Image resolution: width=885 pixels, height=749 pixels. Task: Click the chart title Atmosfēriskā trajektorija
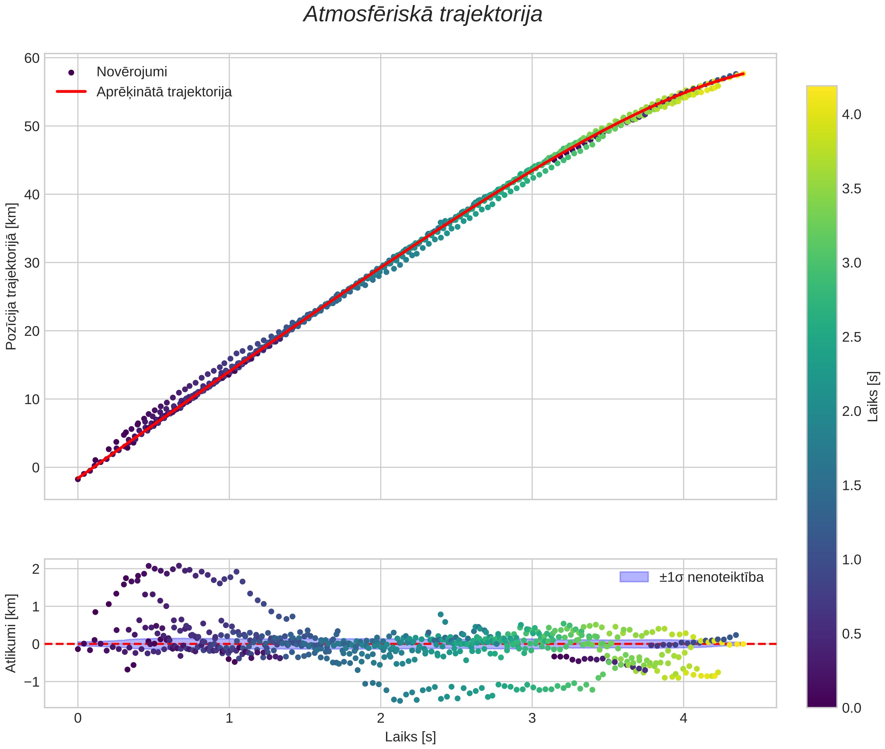coord(423,14)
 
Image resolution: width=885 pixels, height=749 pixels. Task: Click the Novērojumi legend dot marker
coord(71,73)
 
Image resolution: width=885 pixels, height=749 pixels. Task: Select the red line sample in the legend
coord(71,92)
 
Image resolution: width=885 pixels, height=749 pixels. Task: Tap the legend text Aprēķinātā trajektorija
coord(164,92)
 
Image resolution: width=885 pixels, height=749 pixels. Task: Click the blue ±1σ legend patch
coord(634,577)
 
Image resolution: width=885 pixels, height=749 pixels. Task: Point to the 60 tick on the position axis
coord(32,58)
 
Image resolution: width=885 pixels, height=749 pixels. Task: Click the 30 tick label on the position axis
coord(32,263)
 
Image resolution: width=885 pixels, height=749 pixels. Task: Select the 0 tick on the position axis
coord(36,467)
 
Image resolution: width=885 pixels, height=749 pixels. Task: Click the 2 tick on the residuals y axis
coord(36,569)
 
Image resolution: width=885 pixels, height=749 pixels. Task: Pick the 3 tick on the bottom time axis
coord(532,718)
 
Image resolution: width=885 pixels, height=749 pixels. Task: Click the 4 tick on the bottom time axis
coord(684,718)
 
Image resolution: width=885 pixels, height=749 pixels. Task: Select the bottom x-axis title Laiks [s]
coord(410,737)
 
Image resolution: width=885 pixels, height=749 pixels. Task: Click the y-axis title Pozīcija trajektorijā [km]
coord(11,277)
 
